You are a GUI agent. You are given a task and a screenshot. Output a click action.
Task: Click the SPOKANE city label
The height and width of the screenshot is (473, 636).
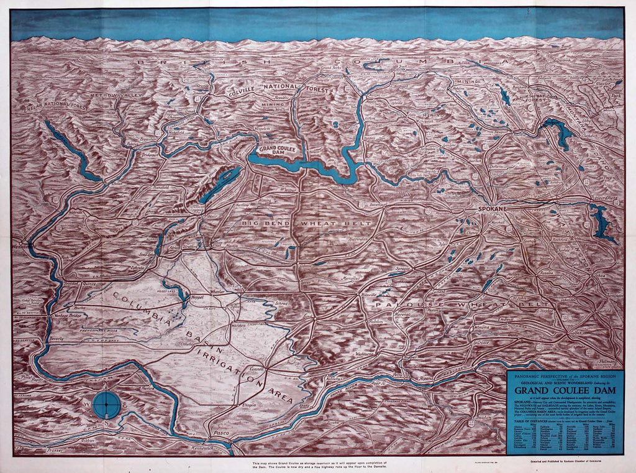coord(495,209)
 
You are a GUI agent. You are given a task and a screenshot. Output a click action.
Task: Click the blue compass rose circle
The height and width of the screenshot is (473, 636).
coord(106,404)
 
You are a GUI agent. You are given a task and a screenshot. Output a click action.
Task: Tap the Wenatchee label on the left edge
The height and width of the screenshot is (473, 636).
coord(23,247)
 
